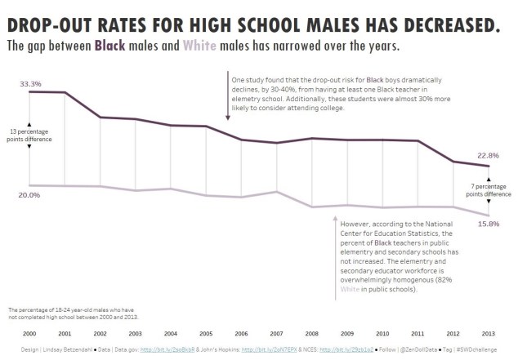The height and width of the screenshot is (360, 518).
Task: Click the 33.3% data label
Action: [x=30, y=83]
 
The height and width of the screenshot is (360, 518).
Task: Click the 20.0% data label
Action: [x=29, y=195]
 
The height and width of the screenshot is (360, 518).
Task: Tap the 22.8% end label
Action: [x=488, y=155]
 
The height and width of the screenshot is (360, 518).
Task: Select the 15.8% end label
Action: [x=488, y=224]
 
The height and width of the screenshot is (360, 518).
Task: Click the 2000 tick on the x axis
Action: [x=29, y=334]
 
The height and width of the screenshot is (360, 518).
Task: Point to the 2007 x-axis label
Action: [x=276, y=334]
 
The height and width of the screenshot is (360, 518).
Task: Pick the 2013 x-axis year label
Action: [x=488, y=334]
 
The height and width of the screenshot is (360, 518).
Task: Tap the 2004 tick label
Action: [x=171, y=334]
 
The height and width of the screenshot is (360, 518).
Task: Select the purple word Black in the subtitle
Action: [x=110, y=46]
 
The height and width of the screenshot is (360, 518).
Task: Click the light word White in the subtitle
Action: [x=200, y=46]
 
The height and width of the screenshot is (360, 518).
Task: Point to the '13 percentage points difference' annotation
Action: [x=30, y=135]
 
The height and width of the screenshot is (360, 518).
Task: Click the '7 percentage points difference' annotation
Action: [x=488, y=190]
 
